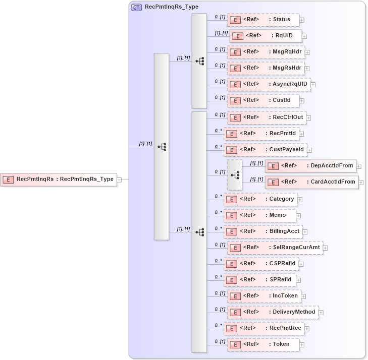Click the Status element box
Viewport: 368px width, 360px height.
(263, 20)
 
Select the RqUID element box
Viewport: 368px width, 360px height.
(266, 36)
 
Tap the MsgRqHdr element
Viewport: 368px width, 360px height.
(265, 52)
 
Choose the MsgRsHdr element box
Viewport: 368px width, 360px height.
(265, 68)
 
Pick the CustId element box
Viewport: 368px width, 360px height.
(263, 100)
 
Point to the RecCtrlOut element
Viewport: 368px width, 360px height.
(266, 117)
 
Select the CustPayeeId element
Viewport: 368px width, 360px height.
(265, 150)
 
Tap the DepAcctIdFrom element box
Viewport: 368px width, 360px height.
(310, 166)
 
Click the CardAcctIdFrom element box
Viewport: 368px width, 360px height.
(311, 182)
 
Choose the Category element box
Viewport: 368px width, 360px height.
(260, 199)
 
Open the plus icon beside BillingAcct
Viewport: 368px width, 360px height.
(305, 232)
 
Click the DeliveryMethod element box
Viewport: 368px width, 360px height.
(273, 312)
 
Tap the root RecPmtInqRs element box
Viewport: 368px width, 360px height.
(59, 179)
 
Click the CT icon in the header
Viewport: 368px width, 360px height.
(136, 8)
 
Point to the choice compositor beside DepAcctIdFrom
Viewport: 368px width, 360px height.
(235, 175)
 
